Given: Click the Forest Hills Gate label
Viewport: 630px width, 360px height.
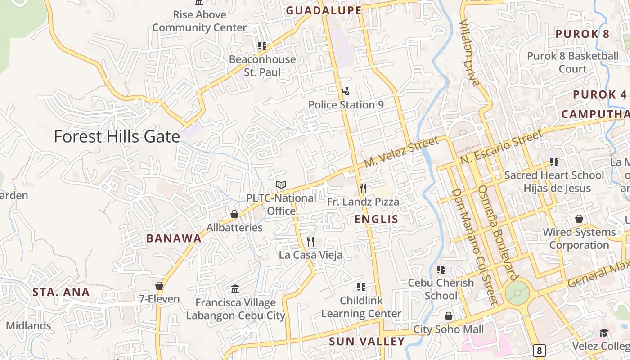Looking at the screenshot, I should (117, 136).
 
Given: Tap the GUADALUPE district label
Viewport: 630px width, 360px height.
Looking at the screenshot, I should (324, 11).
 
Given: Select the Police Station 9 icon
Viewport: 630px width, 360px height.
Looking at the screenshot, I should (346, 92).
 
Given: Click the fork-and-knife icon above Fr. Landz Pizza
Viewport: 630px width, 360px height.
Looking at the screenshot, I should (363, 189).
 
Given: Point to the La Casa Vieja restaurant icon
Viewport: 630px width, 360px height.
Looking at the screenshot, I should (310, 242).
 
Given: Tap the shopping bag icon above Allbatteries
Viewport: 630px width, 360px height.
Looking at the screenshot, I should (234, 214).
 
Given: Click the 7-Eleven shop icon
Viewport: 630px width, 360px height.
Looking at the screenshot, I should (159, 286).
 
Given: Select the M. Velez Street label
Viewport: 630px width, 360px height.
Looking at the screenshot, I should (401, 153).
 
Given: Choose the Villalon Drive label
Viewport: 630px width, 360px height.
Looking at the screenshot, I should (469, 53).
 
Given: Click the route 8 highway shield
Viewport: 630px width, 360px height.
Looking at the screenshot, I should (539, 350).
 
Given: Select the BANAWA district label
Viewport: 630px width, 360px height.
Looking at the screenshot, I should (174, 238).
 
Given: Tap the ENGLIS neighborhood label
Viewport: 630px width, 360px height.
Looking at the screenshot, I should (376, 219).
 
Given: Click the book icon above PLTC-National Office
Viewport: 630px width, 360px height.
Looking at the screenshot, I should (281, 184).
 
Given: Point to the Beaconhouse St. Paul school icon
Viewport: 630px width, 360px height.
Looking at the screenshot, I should (262, 46).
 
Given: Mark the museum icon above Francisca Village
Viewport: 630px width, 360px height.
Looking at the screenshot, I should (235, 289).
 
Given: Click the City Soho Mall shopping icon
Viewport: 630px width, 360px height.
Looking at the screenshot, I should (448, 316).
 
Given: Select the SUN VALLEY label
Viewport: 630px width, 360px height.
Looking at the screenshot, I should (367, 342).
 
